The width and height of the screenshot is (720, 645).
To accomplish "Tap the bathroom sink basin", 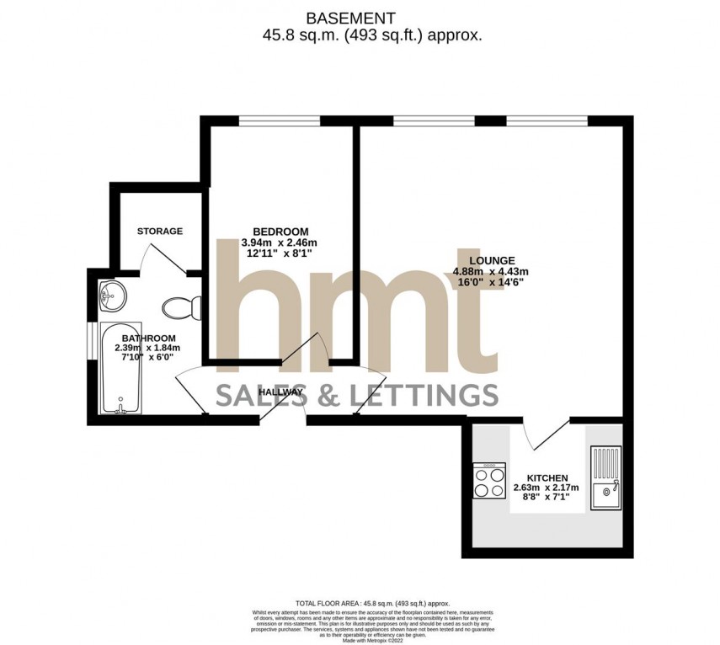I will (109, 295).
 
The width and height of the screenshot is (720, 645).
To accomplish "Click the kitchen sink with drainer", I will (605, 477).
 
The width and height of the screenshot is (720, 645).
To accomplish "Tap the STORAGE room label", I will (160, 231).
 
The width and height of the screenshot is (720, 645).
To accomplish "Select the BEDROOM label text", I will (280, 232).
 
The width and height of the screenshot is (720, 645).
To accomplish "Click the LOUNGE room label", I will (493, 260).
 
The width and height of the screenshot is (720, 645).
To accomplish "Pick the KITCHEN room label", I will (547, 477).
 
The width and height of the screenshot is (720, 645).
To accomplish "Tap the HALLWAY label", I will (280, 392).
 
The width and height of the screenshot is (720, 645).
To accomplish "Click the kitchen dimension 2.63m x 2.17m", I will (547, 488).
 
